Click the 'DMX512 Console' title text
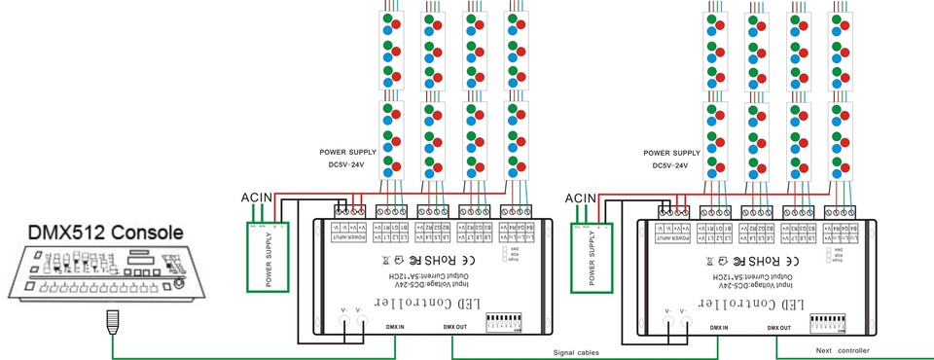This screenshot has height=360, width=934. coord(93,234)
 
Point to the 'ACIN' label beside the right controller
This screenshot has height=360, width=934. coord(580,198)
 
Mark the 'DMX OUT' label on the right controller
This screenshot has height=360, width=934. coord(779,328)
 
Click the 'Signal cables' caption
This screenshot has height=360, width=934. coord(576,351)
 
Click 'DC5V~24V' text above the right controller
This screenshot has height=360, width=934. coord(670,166)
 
